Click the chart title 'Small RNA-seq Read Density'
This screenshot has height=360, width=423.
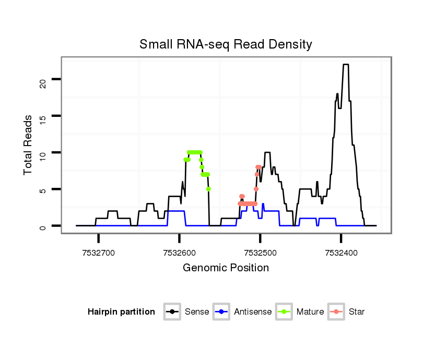click(x=226, y=44)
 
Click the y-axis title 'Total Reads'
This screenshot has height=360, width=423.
click(x=29, y=145)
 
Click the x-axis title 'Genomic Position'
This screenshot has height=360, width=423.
click(x=226, y=268)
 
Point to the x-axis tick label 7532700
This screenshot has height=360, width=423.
click(x=98, y=253)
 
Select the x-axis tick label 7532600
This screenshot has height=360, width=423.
click(x=179, y=253)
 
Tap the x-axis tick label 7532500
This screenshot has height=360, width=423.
click(x=260, y=253)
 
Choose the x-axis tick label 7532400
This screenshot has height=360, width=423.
click(x=341, y=253)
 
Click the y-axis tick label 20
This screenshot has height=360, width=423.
click(x=44, y=79)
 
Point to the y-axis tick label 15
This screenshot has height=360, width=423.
click(x=44, y=116)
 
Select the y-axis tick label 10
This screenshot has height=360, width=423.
click(x=44, y=152)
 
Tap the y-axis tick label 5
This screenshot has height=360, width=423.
click(x=44, y=189)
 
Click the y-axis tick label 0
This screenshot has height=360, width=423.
click(x=44, y=226)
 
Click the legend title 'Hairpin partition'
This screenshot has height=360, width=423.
click(x=121, y=312)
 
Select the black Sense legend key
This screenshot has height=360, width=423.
click(x=172, y=312)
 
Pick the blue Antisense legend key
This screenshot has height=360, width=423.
click(x=222, y=312)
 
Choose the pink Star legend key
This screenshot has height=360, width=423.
click(x=336, y=312)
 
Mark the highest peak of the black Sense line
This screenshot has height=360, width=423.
click(x=345, y=65)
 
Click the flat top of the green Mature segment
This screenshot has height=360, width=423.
click(x=194, y=152)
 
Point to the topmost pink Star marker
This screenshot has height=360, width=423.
click(x=258, y=167)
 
